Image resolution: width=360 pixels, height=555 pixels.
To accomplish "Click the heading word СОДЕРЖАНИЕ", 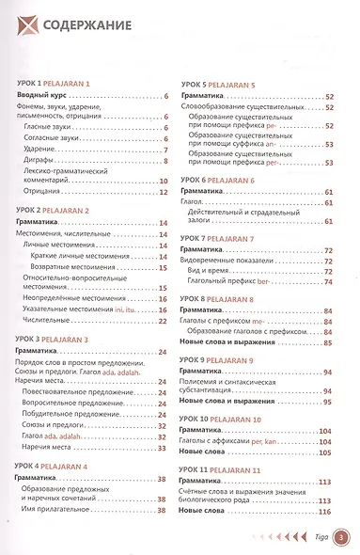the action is click(90, 26).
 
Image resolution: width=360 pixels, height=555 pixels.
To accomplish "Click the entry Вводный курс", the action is click(48, 96).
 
